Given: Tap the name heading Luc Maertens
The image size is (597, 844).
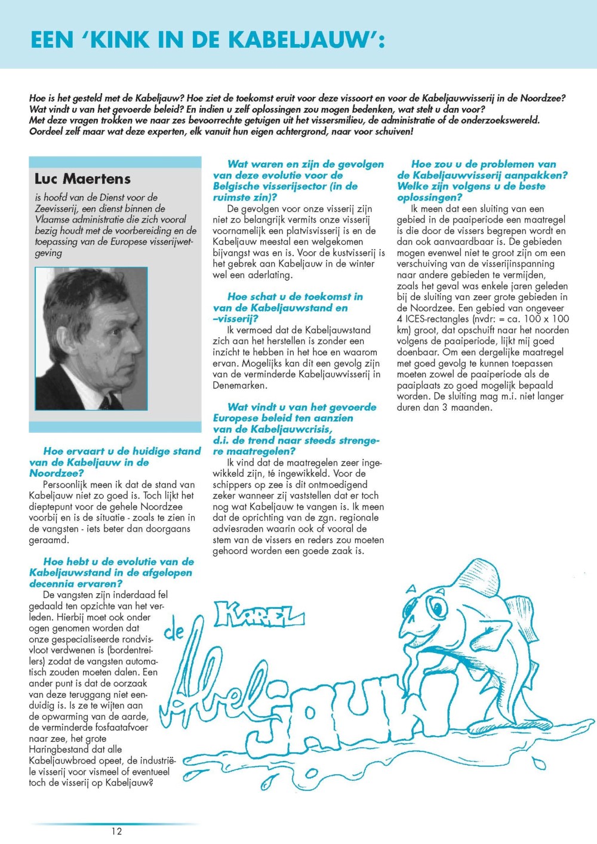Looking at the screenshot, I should point(82,178).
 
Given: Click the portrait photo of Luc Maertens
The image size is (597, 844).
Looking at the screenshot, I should point(91,338).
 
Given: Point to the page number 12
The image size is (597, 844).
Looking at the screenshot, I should point(116,831).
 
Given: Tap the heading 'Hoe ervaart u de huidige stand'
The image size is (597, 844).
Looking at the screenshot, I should point(122,451).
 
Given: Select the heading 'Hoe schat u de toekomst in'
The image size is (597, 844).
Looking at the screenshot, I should point(295,297).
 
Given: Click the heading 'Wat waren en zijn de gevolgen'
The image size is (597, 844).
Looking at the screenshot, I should point(306,164).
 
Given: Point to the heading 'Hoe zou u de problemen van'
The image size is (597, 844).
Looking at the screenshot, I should point(484,164).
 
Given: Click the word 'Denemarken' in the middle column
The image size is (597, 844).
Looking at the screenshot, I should point(239,386).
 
